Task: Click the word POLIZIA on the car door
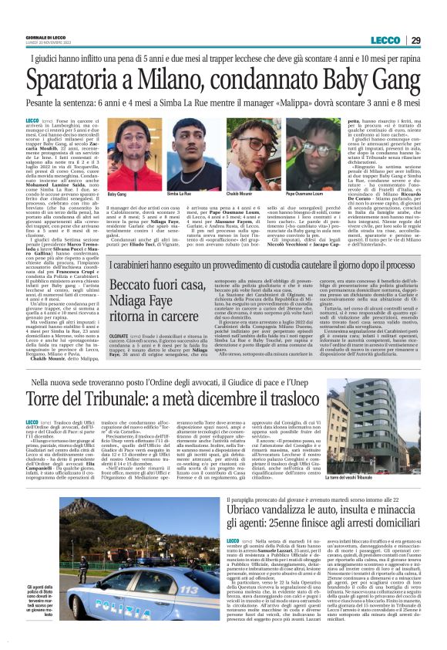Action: (x=154, y=604)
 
